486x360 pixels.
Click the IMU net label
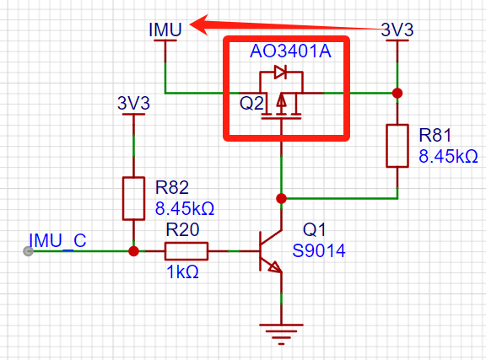pyautogui.click(x=165, y=30)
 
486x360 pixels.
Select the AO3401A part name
pyautogui.click(x=290, y=51)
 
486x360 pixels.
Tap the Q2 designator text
pyautogui.click(x=251, y=103)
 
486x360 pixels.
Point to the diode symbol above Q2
pyautogui.click(x=280, y=72)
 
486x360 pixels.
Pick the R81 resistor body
pyautogui.click(x=397, y=146)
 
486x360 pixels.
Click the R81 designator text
pyautogui.click(x=435, y=136)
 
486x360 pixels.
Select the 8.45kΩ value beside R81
pyautogui.click(x=448, y=156)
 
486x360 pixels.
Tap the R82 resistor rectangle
pyautogui.click(x=133, y=199)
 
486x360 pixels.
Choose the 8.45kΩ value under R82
pyautogui.click(x=185, y=208)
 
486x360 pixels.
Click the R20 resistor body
pyautogui.click(x=186, y=251)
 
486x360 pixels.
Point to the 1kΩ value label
pyautogui.click(x=182, y=272)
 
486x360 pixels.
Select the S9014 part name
pyautogui.click(x=319, y=250)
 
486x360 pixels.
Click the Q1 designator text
pyautogui.click(x=314, y=230)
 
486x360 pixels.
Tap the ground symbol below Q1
pyautogui.click(x=281, y=334)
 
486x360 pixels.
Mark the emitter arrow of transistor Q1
pyautogui.click(x=275, y=266)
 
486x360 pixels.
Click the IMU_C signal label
pyautogui.click(x=57, y=241)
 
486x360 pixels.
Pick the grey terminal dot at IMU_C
pyautogui.click(x=28, y=251)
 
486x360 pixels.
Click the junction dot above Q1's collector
pyautogui.click(x=281, y=198)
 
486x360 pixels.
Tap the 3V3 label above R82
pyautogui.click(x=133, y=103)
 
